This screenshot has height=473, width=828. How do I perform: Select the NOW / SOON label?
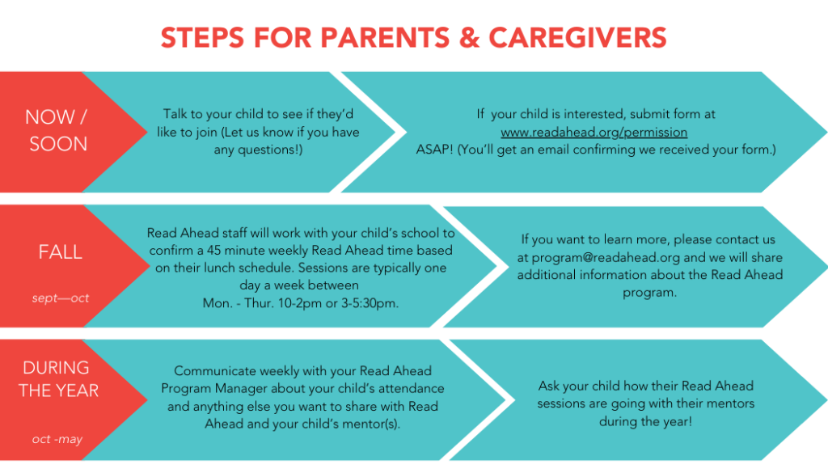coord(57,130)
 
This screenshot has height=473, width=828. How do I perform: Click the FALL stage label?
coord(61,252)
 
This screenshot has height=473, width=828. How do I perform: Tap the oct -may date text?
coord(57,439)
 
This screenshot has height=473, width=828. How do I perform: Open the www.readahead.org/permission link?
coord(594,132)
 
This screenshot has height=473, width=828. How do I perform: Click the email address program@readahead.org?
coord(606,257)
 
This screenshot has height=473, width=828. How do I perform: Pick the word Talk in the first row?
coord(177,114)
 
